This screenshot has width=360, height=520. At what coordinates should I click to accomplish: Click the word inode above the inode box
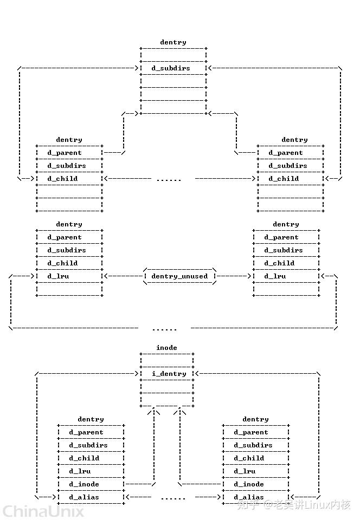click(x=166, y=348)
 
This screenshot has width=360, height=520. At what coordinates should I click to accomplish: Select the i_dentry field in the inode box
click(x=169, y=374)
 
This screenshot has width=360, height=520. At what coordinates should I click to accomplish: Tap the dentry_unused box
click(x=179, y=276)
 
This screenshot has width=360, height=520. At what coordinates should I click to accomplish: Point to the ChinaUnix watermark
click(x=43, y=511)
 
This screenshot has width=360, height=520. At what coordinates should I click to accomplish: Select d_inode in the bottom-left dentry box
click(x=84, y=484)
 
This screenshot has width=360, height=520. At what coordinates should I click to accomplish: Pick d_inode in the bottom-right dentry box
click(x=249, y=484)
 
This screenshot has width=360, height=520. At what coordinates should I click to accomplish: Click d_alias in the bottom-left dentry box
click(x=84, y=497)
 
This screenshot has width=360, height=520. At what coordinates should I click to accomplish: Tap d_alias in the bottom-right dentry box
click(x=249, y=497)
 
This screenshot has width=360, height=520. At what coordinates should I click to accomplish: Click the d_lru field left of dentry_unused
click(x=58, y=276)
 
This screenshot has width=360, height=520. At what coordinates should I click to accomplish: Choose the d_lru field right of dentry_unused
click(x=275, y=276)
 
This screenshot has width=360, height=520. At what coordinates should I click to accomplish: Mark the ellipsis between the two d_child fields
click(x=169, y=179)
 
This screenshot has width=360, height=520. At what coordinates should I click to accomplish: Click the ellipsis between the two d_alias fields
click(x=173, y=498)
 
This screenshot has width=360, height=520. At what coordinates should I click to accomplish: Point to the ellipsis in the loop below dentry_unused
click(x=164, y=329)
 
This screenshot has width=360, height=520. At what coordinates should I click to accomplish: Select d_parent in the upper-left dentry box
click(x=65, y=153)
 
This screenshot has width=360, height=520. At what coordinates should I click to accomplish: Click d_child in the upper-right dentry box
click(x=284, y=179)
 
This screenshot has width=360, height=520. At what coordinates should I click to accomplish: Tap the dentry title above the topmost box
click(x=173, y=42)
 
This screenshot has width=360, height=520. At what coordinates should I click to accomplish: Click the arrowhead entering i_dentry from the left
click(x=137, y=374)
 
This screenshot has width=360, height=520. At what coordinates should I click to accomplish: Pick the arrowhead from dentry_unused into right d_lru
click(x=250, y=276)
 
